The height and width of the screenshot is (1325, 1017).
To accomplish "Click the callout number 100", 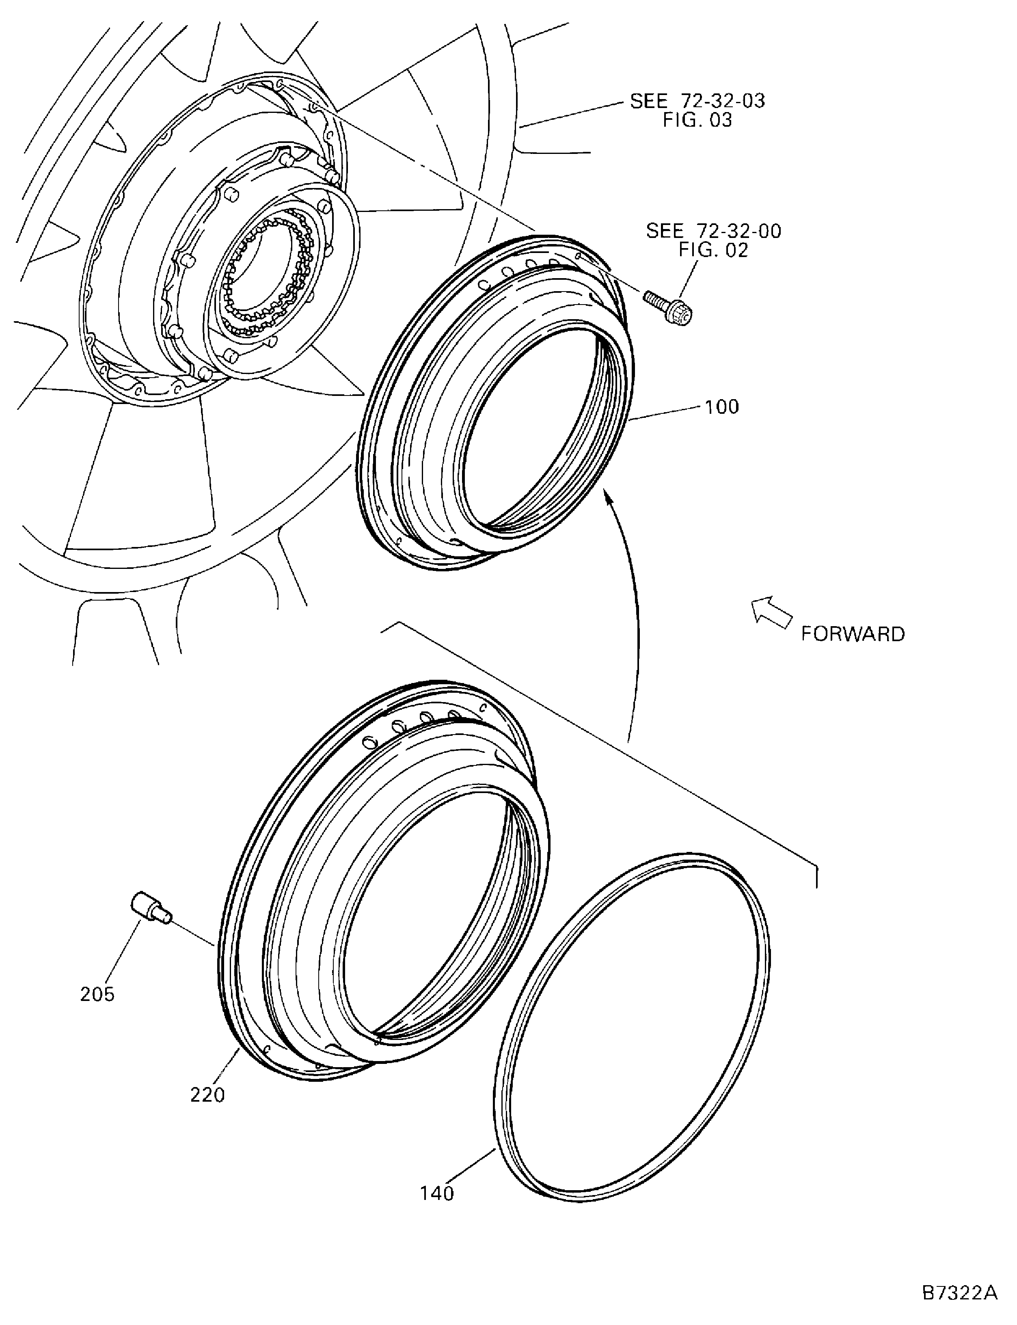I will [x=721, y=407].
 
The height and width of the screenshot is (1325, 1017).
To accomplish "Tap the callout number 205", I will [x=97, y=994].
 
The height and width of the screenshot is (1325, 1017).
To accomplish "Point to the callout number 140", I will [x=436, y=1193].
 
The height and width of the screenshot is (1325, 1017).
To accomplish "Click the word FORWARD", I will [x=852, y=634].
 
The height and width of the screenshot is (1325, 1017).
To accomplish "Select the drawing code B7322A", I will [x=959, y=1290].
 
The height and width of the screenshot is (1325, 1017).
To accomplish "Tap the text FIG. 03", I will [x=697, y=120].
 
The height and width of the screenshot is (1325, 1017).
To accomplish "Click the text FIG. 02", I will [x=713, y=250].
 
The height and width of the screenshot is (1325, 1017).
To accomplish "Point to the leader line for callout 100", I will [x=666, y=413].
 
